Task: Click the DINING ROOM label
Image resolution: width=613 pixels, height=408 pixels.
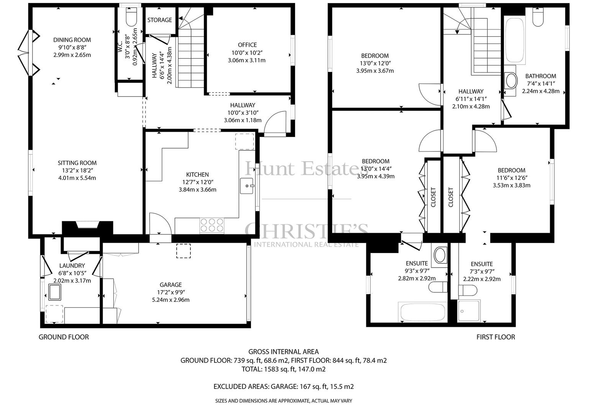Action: (72, 40)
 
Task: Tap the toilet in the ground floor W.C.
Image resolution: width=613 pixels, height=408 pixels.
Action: (131, 17)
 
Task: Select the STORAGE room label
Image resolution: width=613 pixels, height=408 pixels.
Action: (159, 20)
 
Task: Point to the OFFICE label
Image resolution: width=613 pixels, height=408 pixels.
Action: (247, 45)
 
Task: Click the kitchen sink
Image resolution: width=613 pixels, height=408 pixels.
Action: (247, 186)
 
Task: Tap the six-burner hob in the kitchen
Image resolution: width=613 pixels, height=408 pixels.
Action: (212, 225)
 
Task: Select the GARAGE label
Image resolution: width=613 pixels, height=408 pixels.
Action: (171, 285)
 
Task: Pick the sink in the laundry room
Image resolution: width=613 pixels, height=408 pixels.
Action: (54, 292)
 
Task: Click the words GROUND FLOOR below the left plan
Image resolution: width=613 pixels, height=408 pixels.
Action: (64, 337)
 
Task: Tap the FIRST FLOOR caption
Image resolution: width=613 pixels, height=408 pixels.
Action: (496, 337)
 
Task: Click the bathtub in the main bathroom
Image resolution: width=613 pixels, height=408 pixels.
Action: (515, 41)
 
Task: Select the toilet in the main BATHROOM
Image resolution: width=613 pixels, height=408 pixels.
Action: (538, 17)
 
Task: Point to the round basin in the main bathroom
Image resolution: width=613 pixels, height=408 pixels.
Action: (511, 81)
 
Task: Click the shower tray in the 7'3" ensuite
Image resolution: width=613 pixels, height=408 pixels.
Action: (469, 311)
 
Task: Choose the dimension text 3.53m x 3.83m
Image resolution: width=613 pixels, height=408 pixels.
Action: (511, 185)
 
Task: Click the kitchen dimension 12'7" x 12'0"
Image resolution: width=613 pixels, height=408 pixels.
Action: (198, 182)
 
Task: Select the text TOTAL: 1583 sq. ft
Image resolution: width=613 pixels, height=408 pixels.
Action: (269, 369)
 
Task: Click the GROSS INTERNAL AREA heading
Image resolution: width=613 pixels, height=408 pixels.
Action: (284, 352)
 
